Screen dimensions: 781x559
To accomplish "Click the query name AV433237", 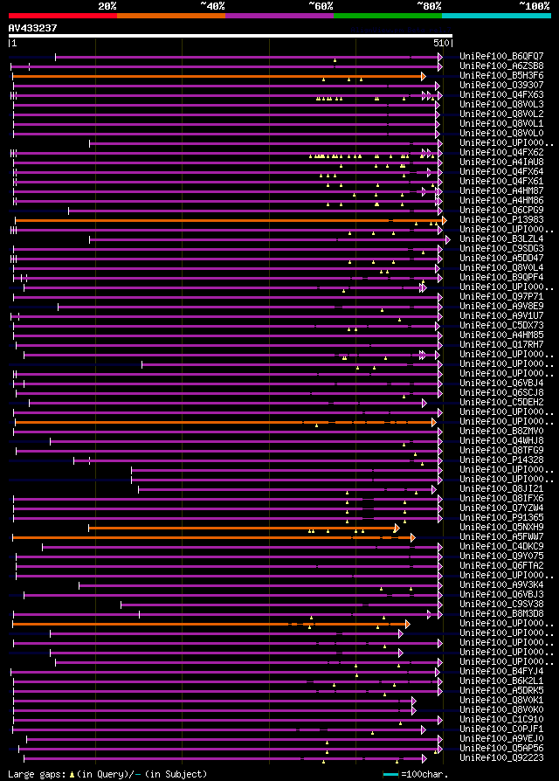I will coord(33,28).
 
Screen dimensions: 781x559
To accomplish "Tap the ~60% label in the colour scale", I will coord(321,6).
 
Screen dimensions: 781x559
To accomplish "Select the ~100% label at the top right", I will coord(534,6).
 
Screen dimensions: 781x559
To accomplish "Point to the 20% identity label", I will coord(107,6).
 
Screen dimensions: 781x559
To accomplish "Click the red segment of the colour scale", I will coord(62,16).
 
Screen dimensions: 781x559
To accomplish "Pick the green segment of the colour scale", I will coord(387,16).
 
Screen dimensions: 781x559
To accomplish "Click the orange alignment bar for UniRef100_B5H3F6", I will coord(218,76).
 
